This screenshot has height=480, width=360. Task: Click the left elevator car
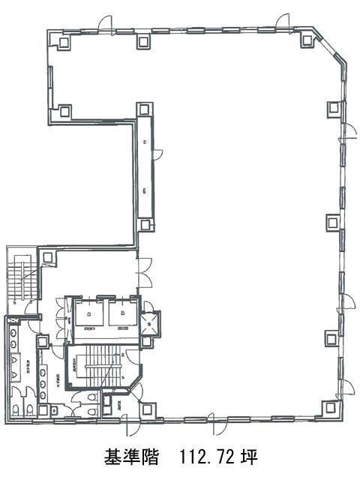tap(88, 313)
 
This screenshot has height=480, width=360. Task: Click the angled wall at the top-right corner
tap(333, 46)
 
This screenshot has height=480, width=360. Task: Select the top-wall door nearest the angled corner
tap(283, 22)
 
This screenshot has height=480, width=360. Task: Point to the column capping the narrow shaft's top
tap(144, 110)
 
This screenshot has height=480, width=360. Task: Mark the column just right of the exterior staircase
tap(48, 258)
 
